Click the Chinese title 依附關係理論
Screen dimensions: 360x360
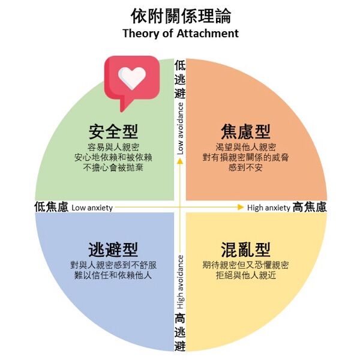[180, 15]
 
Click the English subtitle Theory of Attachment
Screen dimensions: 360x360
[180, 33]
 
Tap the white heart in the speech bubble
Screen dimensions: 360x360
[131, 76]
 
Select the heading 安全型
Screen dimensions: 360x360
[113, 131]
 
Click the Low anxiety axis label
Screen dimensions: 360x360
[92, 208]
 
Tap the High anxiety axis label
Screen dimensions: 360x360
[268, 208]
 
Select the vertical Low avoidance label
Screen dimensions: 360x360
[180, 128]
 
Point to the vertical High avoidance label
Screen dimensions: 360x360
[180, 282]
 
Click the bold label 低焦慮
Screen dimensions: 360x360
[51, 207]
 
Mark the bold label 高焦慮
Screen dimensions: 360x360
[310, 207]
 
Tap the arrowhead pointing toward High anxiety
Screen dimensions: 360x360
[240, 208]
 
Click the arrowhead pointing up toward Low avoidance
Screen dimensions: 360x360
[180, 161]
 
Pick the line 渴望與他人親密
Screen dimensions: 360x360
[246, 147]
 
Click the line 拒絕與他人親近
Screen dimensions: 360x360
[246, 275]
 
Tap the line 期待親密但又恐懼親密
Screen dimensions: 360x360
[246, 265]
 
